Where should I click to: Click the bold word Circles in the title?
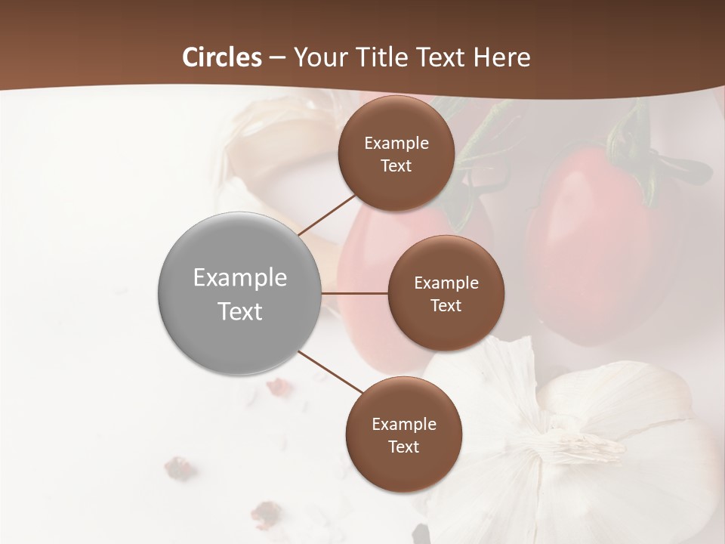tap(222, 57)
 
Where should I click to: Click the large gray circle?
tap(239, 293)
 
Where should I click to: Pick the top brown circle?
tap(396, 154)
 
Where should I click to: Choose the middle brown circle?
tap(446, 293)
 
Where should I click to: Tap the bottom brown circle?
tap(403, 434)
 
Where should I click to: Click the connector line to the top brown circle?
tap(327, 214)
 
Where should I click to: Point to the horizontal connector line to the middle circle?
tap(354, 293)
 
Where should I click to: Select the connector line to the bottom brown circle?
tap(330, 372)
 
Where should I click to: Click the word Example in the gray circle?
tap(240, 278)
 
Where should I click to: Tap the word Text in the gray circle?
tap(240, 311)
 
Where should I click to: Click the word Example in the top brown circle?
tap(396, 144)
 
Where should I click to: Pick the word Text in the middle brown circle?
tap(446, 306)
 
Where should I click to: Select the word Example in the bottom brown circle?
tap(404, 425)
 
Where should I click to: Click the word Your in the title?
tap(317, 57)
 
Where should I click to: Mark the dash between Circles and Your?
tap(277, 58)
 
